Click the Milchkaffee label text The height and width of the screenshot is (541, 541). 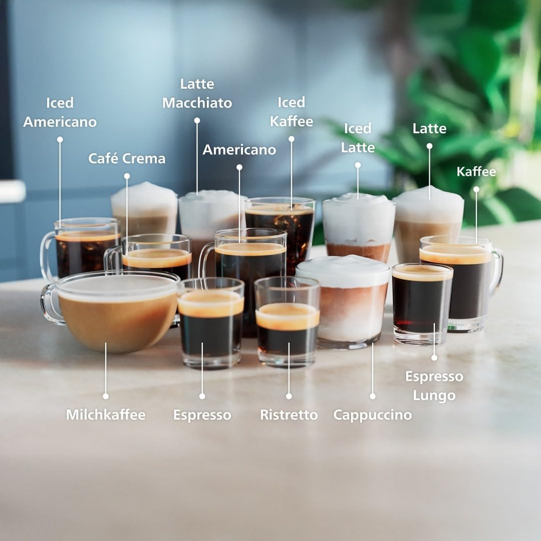click(x=106, y=415)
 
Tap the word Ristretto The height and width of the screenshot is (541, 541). click(x=289, y=415)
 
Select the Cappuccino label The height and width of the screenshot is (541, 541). click(x=372, y=415)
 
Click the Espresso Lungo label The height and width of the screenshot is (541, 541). click(x=434, y=386)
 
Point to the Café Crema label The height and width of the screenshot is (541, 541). click(x=127, y=159)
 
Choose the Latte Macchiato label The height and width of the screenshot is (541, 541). click(x=197, y=94)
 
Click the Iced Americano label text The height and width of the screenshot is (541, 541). click(x=60, y=112)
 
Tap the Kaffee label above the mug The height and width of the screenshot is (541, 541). click(x=476, y=172)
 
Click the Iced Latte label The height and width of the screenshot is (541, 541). click(x=358, y=138)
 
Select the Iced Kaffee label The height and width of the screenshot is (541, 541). click(x=291, y=112)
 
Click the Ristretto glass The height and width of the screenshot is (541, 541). click(x=287, y=326)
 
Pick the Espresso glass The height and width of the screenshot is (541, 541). click(x=210, y=326)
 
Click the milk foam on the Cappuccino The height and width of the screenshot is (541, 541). click(x=343, y=270)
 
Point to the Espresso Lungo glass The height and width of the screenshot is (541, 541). click(x=422, y=306)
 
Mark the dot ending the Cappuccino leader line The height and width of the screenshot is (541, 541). click(x=372, y=396)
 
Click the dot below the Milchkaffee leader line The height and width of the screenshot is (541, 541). click(x=106, y=396)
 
